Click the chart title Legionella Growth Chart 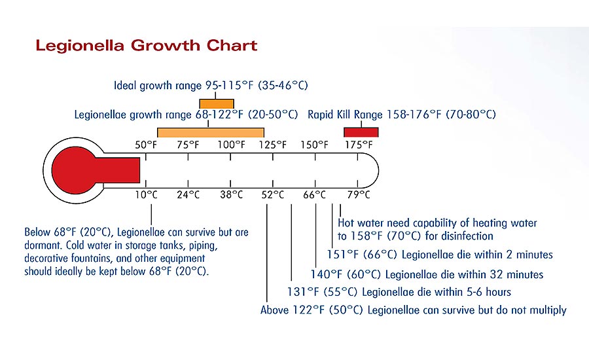pyautogui.click(x=147, y=45)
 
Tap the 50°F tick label pyautogui.click(x=146, y=145)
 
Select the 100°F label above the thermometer pyautogui.click(x=231, y=145)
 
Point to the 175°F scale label pyautogui.click(x=359, y=145)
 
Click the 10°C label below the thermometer pyautogui.click(x=147, y=194)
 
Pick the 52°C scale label pyautogui.click(x=273, y=194)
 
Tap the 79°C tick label pyautogui.click(x=359, y=194)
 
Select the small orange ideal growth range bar pyautogui.click(x=217, y=103)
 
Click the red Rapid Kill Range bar pyautogui.click(x=361, y=132)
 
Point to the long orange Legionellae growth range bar pyautogui.click(x=211, y=133)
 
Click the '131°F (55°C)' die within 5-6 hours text pyautogui.click(x=399, y=292)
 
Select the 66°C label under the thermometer pyautogui.click(x=315, y=194)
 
